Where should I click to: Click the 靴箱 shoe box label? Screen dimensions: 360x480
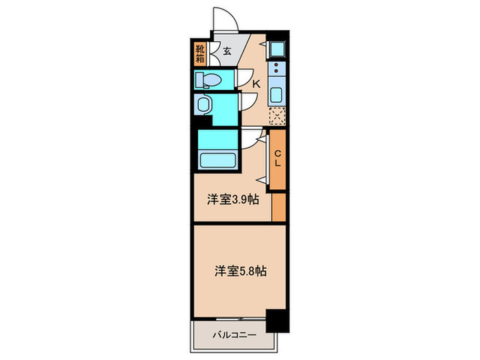coord(200,53)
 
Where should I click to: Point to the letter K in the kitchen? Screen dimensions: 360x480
coord(256,84)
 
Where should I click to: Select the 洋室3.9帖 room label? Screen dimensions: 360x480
coord(232,201)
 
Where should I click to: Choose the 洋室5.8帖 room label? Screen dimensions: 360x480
coord(239,270)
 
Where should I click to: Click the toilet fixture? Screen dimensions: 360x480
coord(208,81)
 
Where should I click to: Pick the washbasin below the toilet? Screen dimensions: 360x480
coord(204,105)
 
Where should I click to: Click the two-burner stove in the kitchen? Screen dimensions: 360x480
coord(277,69)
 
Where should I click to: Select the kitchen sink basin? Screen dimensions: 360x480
coord(277,94)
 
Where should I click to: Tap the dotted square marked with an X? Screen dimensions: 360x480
coord(277,116)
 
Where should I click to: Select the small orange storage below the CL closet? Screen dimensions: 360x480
coord(278,207)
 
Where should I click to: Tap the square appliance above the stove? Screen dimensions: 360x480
coord(277,49)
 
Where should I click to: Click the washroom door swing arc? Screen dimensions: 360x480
coord(248,103)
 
